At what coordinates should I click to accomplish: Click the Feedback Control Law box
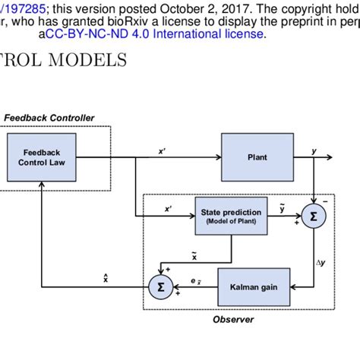[x=41, y=157]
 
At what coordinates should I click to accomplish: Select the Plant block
[x=257, y=157]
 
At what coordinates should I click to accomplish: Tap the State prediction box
[x=232, y=216]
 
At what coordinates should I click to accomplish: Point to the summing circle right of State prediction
[x=313, y=216]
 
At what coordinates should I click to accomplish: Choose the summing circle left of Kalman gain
[x=159, y=287]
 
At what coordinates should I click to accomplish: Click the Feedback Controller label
[x=49, y=118]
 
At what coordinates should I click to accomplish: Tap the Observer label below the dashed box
[x=233, y=320]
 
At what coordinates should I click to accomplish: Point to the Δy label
[x=320, y=262]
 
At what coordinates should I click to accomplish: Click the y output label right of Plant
[x=314, y=151]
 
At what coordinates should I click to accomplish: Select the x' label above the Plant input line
[x=163, y=151]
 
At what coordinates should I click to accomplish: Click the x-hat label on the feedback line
[x=106, y=279]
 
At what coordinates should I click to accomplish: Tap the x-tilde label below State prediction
[x=194, y=257]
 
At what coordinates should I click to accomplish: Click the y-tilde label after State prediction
[x=283, y=208]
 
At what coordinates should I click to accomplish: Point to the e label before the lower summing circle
[x=195, y=282]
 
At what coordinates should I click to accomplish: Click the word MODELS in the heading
[x=89, y=58]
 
